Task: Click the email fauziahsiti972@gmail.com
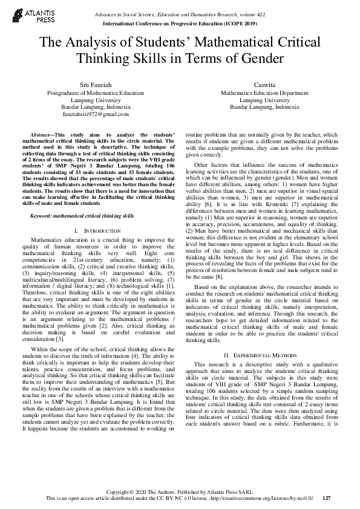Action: point(96,114)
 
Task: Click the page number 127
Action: point(327,498)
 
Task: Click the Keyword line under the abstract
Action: point(82,198)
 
